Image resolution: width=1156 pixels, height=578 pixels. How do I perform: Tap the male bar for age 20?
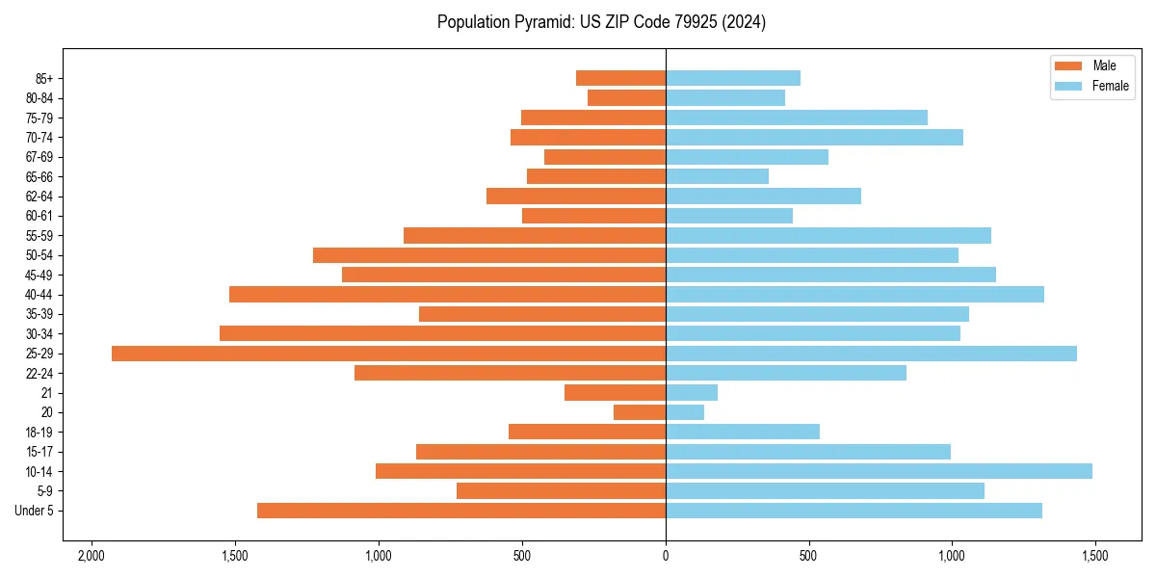click(x=640, y=412)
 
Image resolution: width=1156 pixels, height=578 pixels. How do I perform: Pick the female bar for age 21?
click(x=692, y=393)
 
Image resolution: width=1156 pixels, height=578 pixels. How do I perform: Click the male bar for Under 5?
click(x=461, y=511)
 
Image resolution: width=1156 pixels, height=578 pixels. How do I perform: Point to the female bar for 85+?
click(x=733, y=78)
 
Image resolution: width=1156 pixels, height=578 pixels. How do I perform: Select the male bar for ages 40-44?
click(x=447, y=295)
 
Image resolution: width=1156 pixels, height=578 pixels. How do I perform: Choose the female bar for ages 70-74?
click(x=814, y=138)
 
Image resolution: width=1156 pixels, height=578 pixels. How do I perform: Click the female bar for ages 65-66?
click(x=717, y=176)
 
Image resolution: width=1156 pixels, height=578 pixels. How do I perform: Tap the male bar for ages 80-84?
click(x=626, y=98)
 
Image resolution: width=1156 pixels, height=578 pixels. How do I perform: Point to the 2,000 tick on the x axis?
click(x=92, y=556)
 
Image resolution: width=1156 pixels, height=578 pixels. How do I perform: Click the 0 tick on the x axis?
click(x=666, y=556)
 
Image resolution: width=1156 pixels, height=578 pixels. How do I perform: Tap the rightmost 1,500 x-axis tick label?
click(x=1094, y=556)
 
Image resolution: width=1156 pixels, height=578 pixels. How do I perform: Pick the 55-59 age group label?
click(x=39, y=236)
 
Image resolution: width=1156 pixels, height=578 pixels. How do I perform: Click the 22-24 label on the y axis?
click(x=39, y=374)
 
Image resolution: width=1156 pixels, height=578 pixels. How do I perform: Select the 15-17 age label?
click(x=39, y=452)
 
